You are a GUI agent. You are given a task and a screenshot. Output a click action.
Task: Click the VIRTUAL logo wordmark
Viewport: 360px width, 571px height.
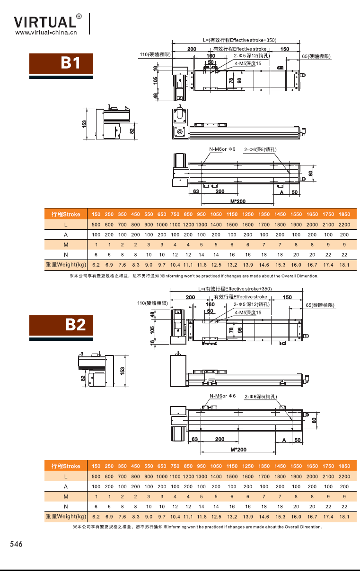pyautogui.click(x=45, y=22)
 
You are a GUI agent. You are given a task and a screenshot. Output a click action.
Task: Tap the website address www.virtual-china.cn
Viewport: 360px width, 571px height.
pyautogui.click(x=46, y=33)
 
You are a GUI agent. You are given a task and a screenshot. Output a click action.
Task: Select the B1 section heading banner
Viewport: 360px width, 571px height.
pyautogui.click(x=61, y=63)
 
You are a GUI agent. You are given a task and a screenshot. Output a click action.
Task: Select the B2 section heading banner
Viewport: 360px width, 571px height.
pyautogui.click(x=61, y=325)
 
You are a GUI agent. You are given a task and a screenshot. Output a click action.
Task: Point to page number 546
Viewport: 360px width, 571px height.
pyautogui.click(x=16, y=544)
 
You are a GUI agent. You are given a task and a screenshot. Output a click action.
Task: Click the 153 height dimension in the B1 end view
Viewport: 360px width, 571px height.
pyautogui.click(x=85, y=124)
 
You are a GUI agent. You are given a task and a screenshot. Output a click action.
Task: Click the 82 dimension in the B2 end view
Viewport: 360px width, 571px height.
pyautogui.click(x=83, y=378)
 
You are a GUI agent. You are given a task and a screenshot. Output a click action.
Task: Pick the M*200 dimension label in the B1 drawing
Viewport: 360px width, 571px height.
pyautogui.click(x=238, y=201)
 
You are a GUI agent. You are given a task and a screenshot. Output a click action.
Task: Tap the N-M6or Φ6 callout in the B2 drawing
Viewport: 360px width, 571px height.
pyautogui.click(x=222, y=396)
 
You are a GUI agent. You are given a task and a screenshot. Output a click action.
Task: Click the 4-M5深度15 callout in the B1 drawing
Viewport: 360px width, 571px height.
pyautogui.click(x=248, y=63)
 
